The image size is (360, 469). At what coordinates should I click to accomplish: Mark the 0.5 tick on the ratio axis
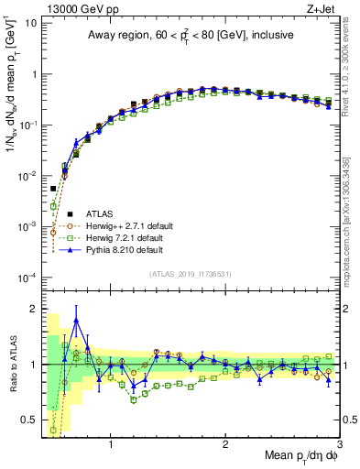pyautogui.click(x=31, y=420)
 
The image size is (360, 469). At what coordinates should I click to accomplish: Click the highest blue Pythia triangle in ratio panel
pyautogui.click(x=76, y=321)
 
